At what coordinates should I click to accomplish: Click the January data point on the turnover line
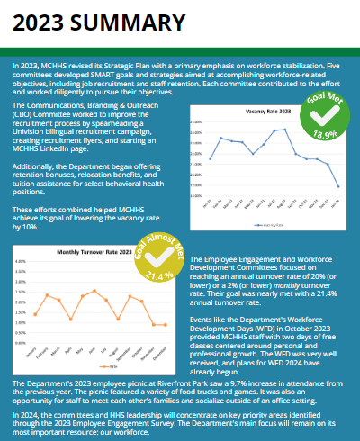(34, 315)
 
